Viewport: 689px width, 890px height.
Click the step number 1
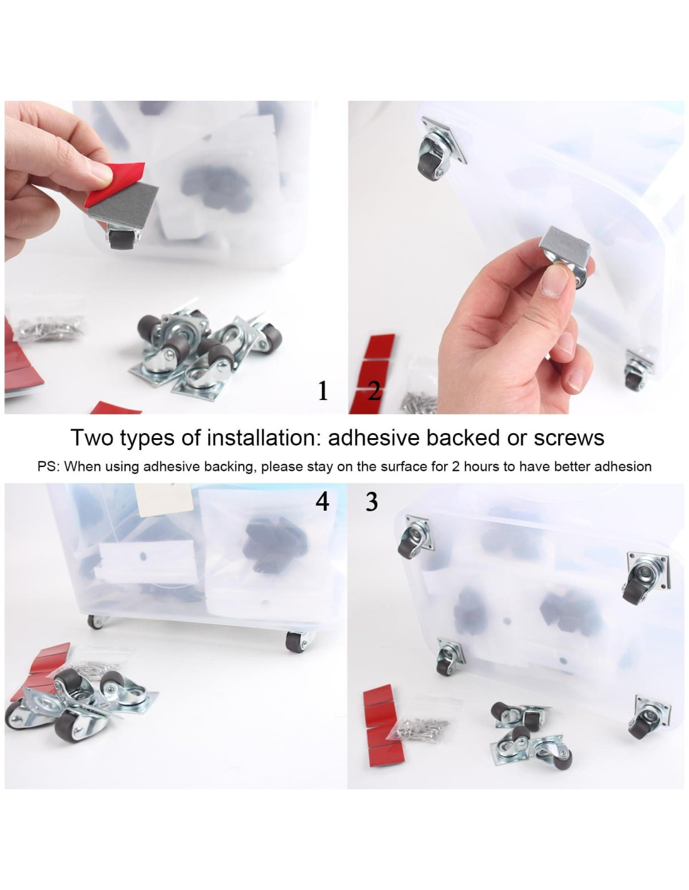coord(323,391)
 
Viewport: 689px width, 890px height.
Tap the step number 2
coord(374,391)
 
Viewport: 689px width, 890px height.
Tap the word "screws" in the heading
coord(569,438)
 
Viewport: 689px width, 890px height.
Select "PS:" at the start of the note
coord(49,466)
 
